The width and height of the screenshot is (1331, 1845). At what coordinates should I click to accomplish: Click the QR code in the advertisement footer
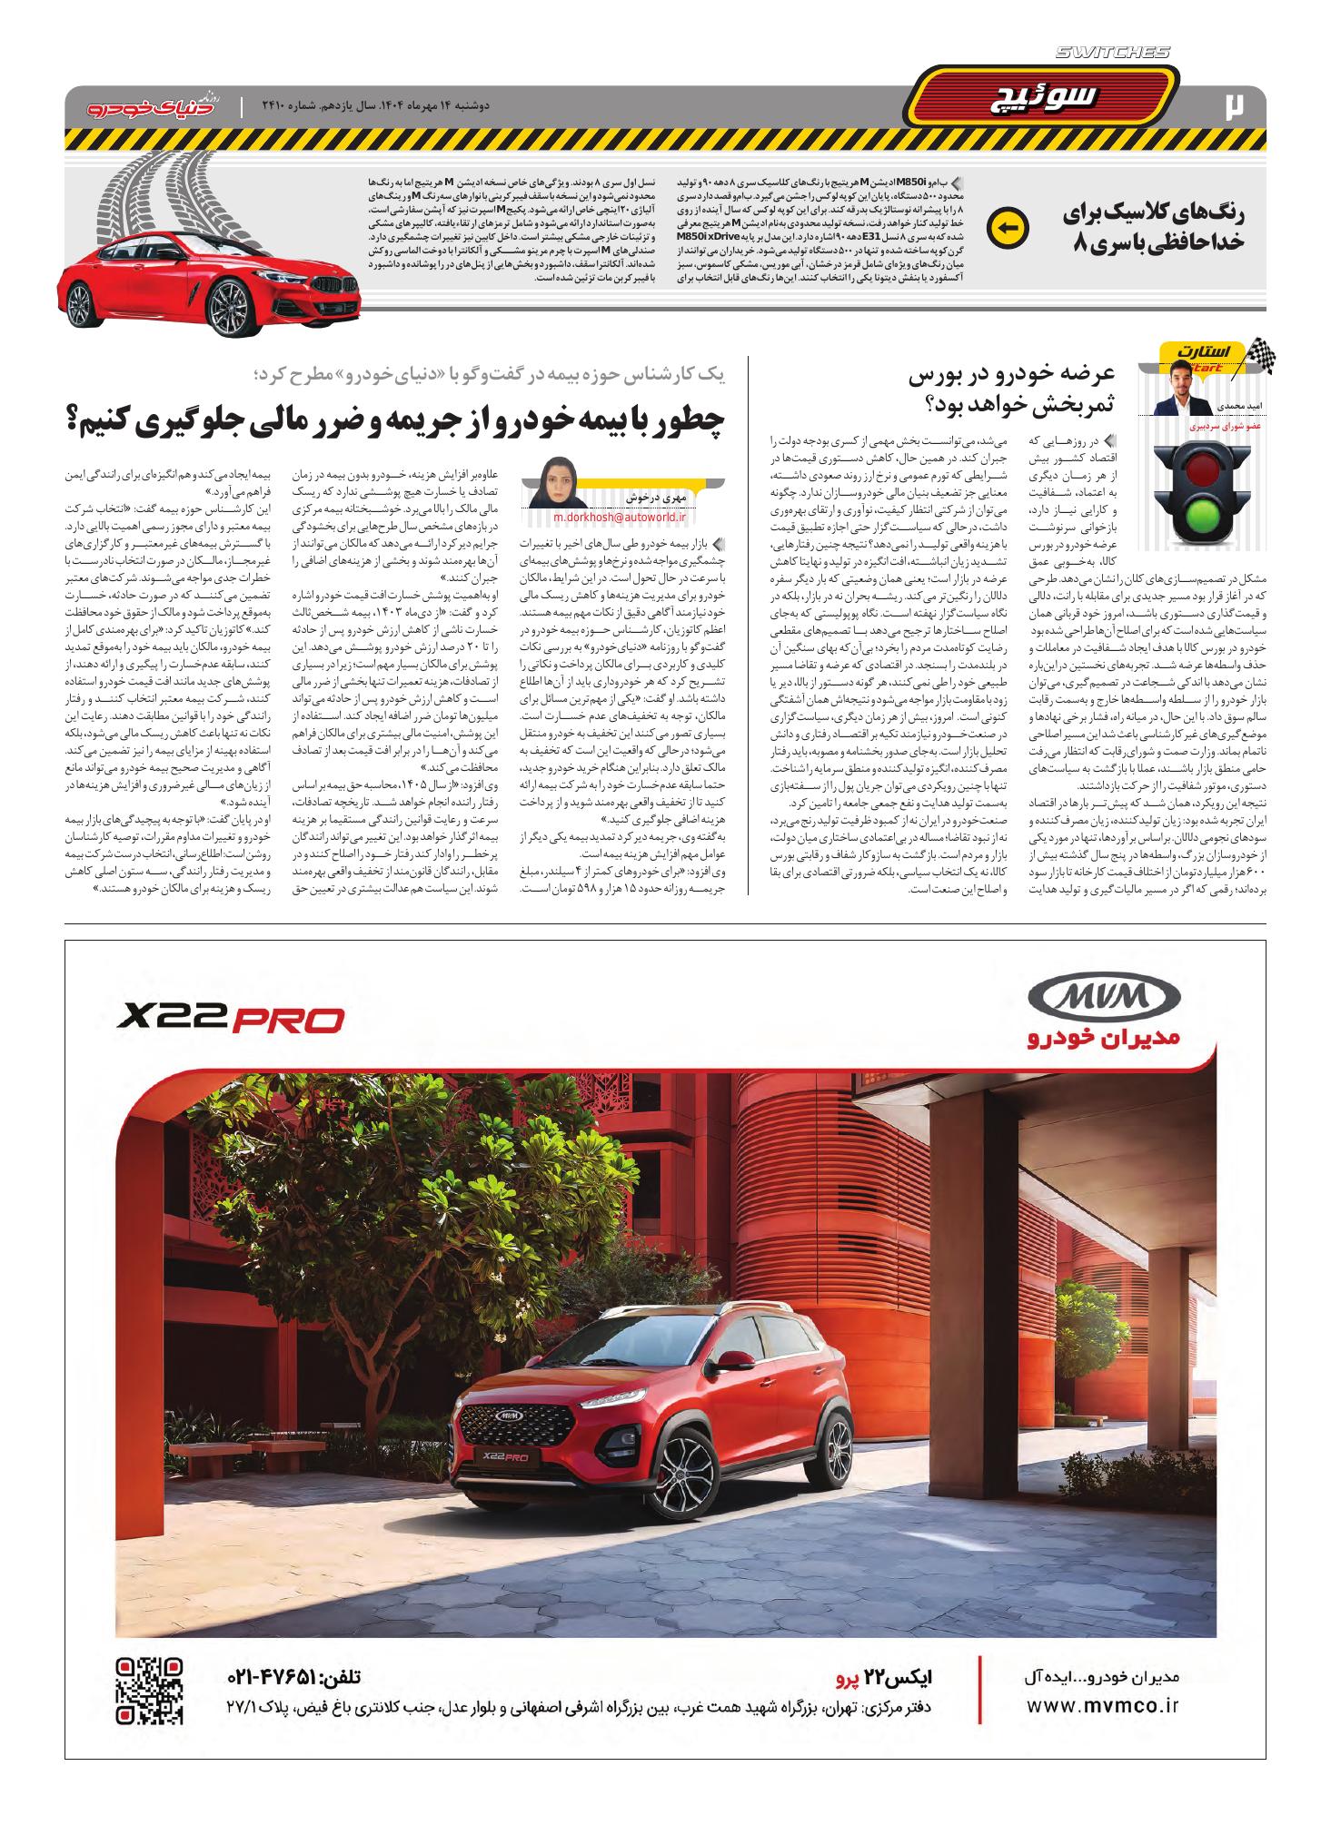click(150, 1691)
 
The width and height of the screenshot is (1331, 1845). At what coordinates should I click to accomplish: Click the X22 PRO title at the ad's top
click(231, 1020)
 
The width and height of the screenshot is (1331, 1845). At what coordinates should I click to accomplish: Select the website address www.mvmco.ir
click(1102, 1704)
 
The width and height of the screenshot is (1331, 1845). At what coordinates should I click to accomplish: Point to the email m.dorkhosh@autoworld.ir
click(620, 516)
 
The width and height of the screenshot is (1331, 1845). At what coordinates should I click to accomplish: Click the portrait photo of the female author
click(554, 484)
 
